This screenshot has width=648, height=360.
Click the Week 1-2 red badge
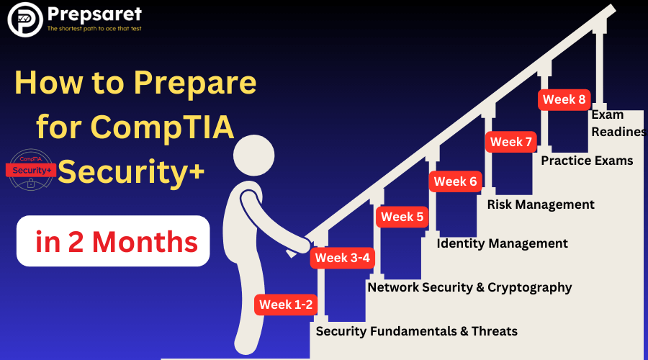tap(286, 305)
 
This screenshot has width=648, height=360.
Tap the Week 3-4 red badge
tap(342, 258)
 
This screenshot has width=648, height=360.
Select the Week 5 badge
tap(402, 217)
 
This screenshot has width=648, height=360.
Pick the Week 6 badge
tap(456, 181)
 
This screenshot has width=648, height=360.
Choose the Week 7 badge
tap(510, 142)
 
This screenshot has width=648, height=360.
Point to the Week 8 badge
tap(564, 99)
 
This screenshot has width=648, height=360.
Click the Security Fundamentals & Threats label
tap(417, 331)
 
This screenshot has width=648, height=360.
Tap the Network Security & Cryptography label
tap(469, 288)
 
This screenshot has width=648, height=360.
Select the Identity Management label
tap(502, 243)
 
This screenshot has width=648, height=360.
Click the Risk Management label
tap(541, 204)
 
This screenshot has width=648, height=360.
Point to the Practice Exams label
tap(587, 161)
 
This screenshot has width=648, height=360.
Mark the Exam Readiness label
tap(618, 123)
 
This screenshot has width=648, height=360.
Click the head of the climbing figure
tap(253, 156)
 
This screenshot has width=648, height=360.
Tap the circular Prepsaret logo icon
tap(25, 19)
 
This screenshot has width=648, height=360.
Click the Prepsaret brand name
tap(94, 14)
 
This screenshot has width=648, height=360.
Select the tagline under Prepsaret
tap(94, 29)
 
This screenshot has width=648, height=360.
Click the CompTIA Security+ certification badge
tap(31, 170)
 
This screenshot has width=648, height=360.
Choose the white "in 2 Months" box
tap(113, 241)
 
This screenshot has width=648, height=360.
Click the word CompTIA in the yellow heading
tap(162, 127)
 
